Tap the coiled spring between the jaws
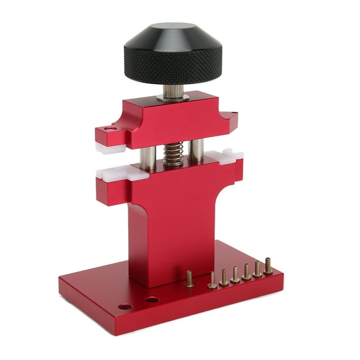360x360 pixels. click(173, 155)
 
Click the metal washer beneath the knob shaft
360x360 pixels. click(173, 98)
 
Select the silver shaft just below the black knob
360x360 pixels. click(173, 91)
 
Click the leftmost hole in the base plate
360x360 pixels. click(125, 306)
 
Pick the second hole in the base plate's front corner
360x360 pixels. click(152, 299)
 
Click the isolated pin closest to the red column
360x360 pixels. click(189, 279)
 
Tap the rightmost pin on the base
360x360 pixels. click(268, 266)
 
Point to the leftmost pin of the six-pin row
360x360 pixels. click(212, 281)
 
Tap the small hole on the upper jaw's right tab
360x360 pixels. click(235, 114)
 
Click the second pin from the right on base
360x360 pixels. click(257, 269)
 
